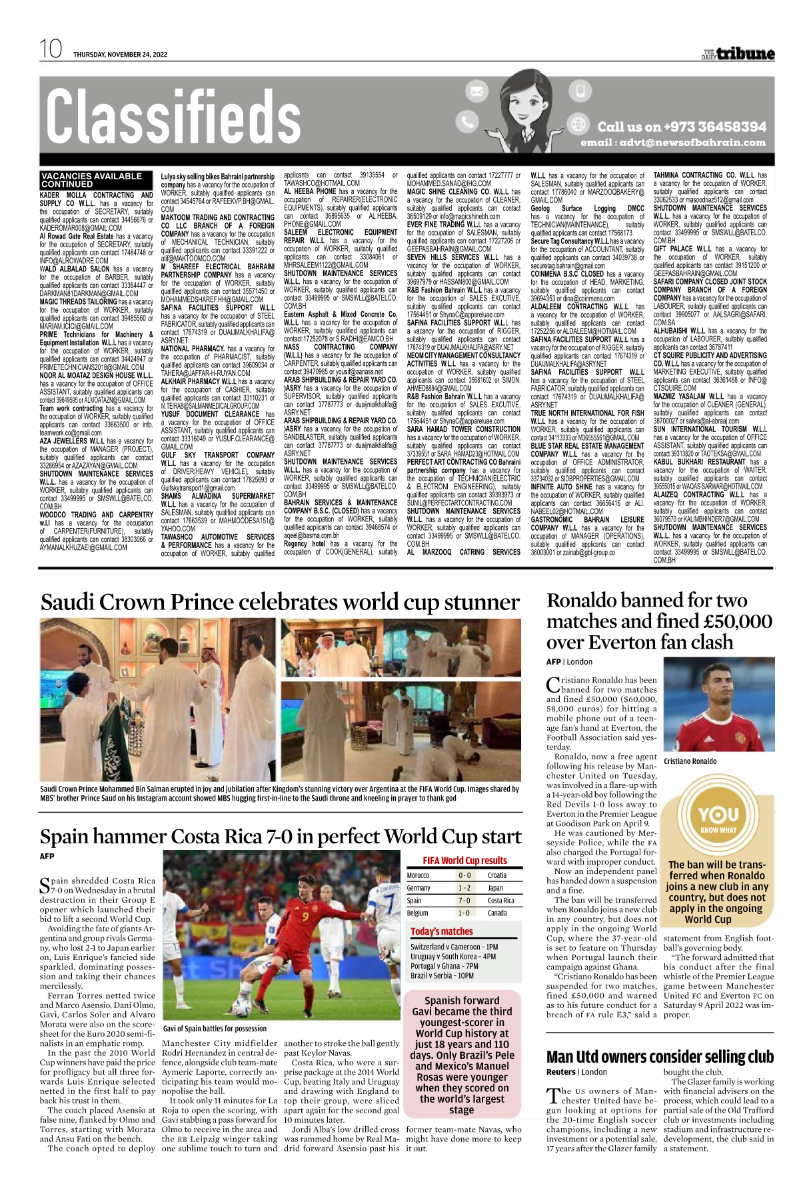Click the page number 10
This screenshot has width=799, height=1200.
pyautogui.click(x=51, y=49)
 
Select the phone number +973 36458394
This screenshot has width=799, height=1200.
pyautogui.click(x=681, y=127)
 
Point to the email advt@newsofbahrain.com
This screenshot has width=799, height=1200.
pyautogui.click(x=673, y=143)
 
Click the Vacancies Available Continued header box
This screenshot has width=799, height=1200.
pyautogui.click(x=92, y=180)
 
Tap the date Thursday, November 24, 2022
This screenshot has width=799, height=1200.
pyautogui.click(x=120, y=55)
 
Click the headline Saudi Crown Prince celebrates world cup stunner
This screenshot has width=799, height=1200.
pyautogui.click(x=280, y=603)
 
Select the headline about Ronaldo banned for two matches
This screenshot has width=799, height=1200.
pyautogui.click(x=659, y=621)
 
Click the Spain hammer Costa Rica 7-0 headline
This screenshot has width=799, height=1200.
pyautogui.click(x=280, y=837)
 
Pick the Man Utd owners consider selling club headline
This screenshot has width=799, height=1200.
pyautogui.click(x=660, y=1057)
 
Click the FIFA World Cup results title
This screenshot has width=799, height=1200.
pyautogui.click(x=464, y=861)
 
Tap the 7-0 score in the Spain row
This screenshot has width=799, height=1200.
pyautogui.click(x=464, y=901)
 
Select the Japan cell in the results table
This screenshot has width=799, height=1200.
pyautogui.click(x=495, y=888)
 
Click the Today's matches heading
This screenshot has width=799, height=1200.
pyautogui.click(x=442, y=931)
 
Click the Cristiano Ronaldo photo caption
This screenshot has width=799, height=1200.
pyautogui.click(x=690, y=761)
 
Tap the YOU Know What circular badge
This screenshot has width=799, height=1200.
pyautogui.click(x=718, y=819)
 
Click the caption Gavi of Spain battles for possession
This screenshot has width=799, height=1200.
pyautogui.click(x=215, y=1029)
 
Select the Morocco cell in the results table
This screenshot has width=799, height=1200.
pyautogui.click(x=418, y=875)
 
